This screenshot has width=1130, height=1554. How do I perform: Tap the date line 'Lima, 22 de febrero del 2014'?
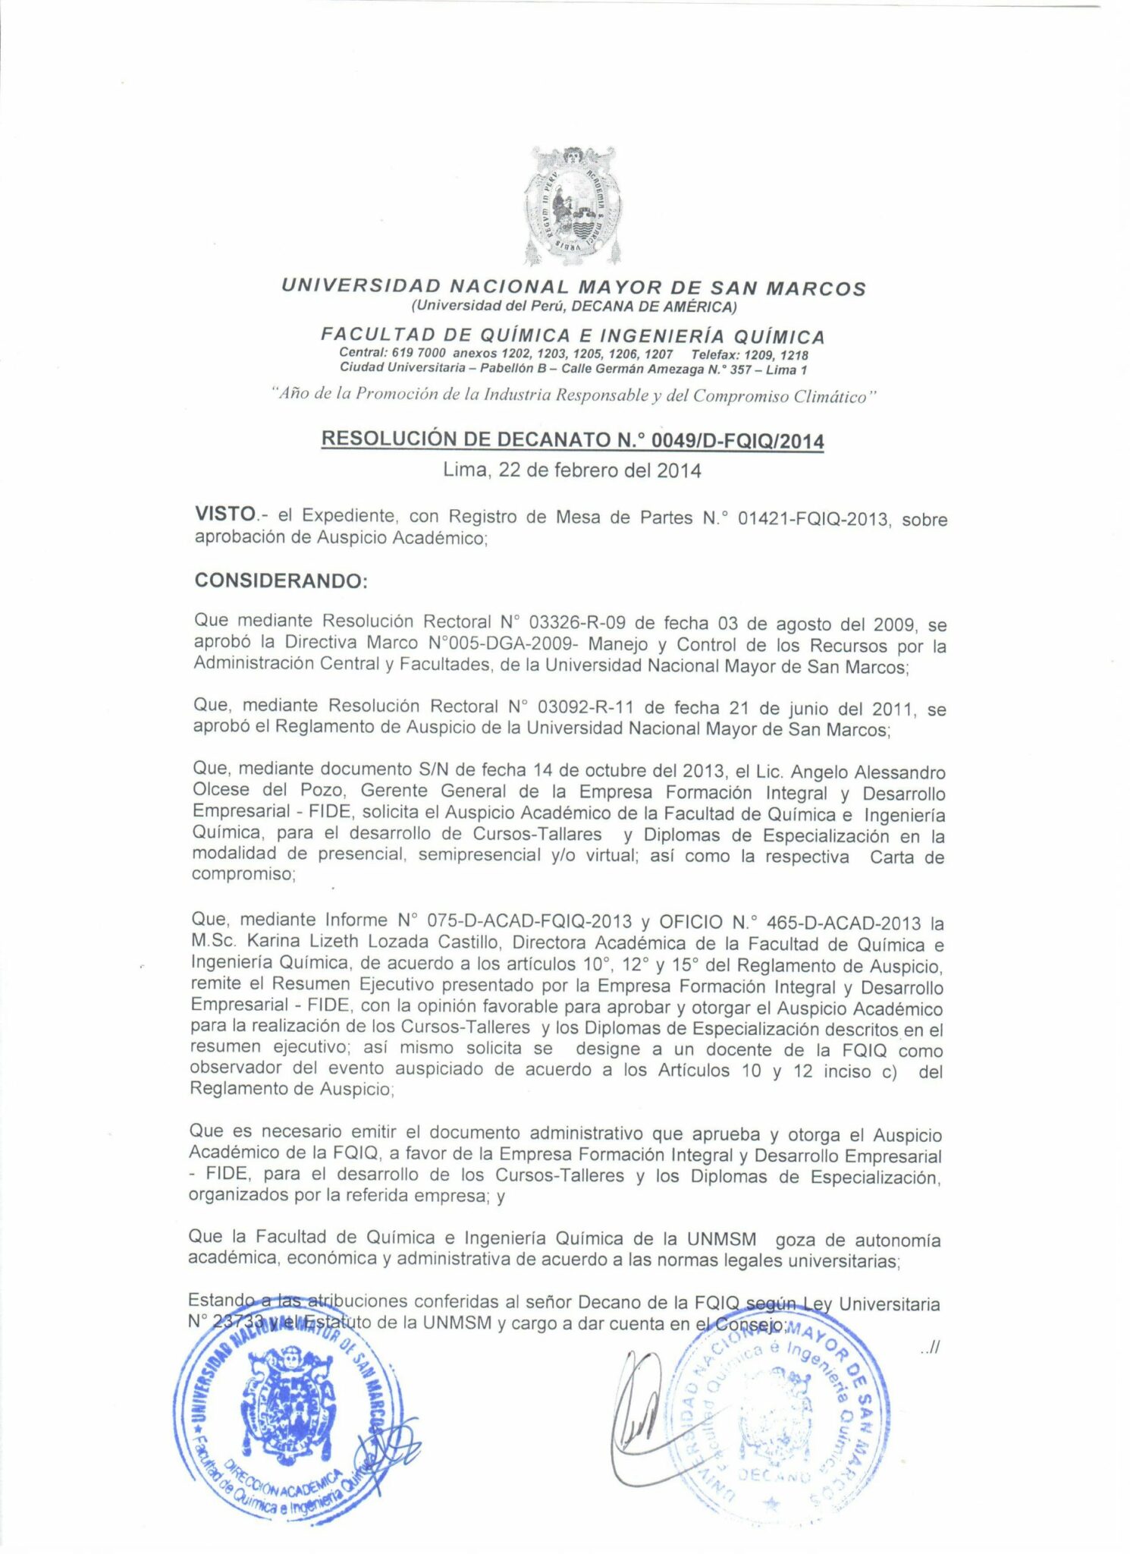point(572,470)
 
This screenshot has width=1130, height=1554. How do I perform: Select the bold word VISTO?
point(225,514)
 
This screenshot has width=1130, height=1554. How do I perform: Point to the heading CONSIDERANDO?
point(281,580)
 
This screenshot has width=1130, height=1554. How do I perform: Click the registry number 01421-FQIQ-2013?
point(812,519)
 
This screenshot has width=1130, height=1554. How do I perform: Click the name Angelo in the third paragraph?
point(819,772)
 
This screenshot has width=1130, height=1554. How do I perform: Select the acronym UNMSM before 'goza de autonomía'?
point(721,1239)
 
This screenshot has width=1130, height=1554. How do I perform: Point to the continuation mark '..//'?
point(929,1348)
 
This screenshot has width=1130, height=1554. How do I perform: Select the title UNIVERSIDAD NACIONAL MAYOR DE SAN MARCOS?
point(573,288)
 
